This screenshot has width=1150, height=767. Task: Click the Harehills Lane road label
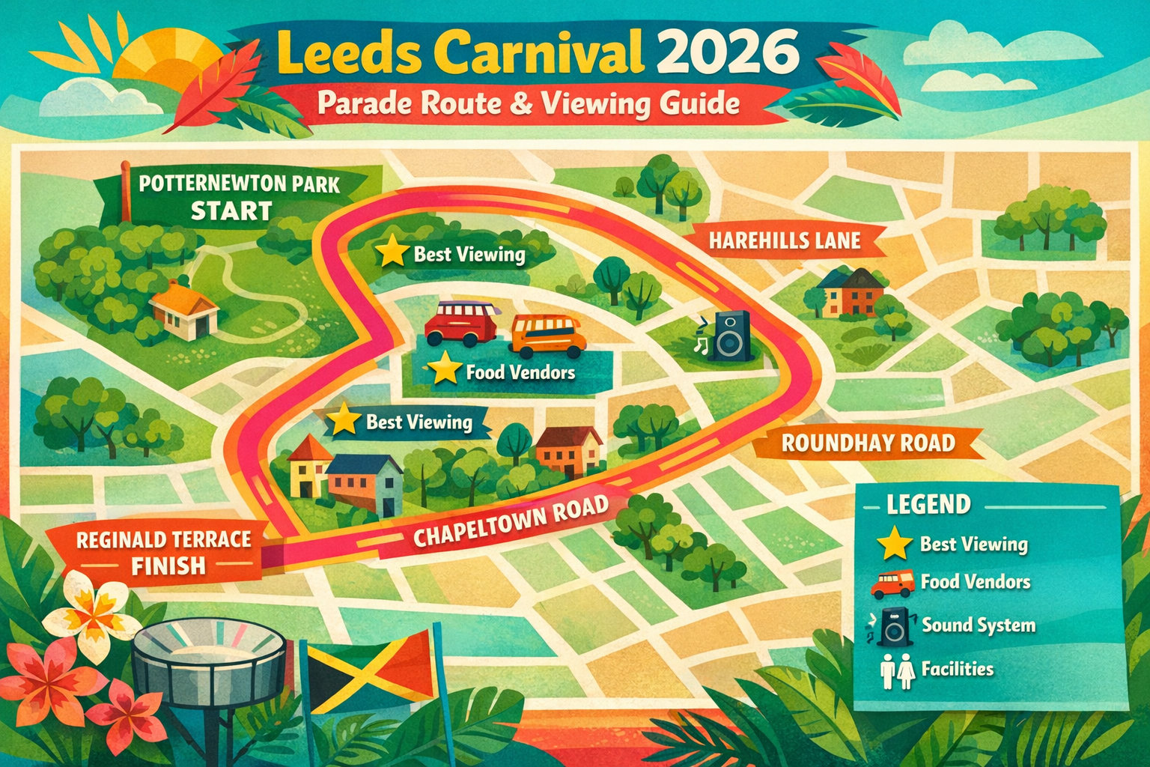pyautogui.click(x=785, y=240)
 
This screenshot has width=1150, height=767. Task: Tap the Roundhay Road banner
pyautogui.click(x=867, y=443)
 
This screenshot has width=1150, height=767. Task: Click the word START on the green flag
pyautogui.click(x=231, y=211)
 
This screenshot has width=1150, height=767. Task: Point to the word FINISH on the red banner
pyautogui.click(x=168, y=566)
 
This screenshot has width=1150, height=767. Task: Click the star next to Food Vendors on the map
pyautogui.click(x=445, y=369)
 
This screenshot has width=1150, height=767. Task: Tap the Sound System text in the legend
pyautogui.click(x=978, y=625)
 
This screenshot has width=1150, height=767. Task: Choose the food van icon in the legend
pyautogui.click(x=892, y=583)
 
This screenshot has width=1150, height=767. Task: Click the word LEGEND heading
pyautogui.click(x=928, y=505)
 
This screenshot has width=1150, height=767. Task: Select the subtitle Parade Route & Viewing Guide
pyautogui.click(x=529, y=103)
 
